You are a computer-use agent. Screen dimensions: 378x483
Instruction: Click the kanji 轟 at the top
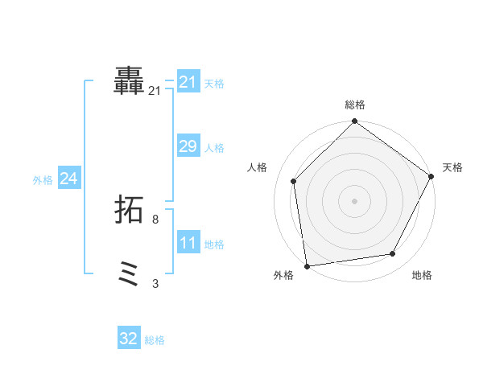click(x=130, y=82)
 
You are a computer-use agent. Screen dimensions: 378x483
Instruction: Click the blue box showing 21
click(x=188, y=82)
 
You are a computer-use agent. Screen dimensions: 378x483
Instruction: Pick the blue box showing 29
click(x=188, y=146)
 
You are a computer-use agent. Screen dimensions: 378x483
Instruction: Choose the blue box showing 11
click(x=188, y=243)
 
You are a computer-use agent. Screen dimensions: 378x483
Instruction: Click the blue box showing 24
click(x=69, y=179)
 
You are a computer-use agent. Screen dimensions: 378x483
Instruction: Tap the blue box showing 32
click(x=129, y=339)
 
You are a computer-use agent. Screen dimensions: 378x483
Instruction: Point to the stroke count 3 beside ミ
click(x=155, y=283)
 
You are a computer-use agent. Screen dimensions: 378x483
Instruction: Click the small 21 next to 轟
click(x=155, y=91)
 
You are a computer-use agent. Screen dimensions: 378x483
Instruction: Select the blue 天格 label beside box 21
click(x=214, y=83)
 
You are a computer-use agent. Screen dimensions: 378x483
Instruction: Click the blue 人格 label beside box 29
click(x=214, y=148)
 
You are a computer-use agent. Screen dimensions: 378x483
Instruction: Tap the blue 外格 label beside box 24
click(x=43, y=180)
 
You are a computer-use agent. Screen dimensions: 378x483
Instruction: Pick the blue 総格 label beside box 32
click(x=155, y=340)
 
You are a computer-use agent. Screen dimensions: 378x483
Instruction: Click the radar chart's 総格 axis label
click(x=355, y=105)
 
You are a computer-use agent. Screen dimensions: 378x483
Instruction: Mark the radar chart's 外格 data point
click(x=307, y=265)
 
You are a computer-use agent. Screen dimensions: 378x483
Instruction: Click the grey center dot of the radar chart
click(x=354, y=200)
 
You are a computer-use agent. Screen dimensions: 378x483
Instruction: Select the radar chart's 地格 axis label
click(x=422, y=275)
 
